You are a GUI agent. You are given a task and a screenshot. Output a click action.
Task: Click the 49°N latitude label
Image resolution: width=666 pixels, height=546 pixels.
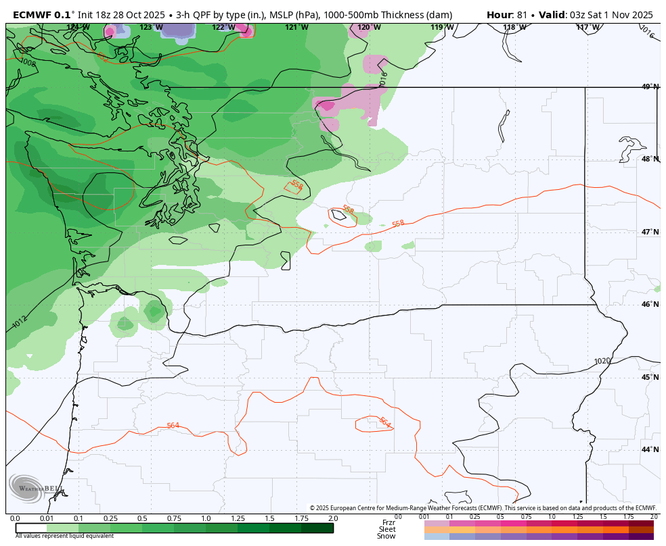point(650,86)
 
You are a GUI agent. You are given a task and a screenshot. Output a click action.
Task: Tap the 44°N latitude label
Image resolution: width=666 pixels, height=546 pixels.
point(650,449)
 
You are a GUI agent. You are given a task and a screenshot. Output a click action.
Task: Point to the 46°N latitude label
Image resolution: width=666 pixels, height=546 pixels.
point(650,304)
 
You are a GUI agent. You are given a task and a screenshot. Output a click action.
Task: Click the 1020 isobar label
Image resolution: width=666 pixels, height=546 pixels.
point(602,362)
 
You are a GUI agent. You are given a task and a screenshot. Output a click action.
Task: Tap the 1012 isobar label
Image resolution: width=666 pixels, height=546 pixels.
point(20,322)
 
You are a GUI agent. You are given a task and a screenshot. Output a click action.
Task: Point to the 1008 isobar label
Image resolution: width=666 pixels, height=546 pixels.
point(28,63)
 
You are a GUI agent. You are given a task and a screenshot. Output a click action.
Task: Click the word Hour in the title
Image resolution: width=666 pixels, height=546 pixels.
point(500,15)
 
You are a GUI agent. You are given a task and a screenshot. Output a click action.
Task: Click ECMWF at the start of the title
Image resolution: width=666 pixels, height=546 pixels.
point(32,15)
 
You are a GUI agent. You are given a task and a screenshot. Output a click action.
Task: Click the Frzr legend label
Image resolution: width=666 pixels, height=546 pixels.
point(388,522)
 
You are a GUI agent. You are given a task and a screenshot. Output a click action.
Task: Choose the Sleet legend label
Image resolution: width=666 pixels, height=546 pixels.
point(387,529)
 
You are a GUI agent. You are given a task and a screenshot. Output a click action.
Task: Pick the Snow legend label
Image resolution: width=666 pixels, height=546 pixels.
point(386,536)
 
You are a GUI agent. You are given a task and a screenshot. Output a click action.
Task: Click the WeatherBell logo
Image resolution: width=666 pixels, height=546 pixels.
point(34,488)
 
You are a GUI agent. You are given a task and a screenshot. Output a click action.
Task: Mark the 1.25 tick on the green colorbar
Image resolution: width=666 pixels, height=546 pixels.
point(238,518)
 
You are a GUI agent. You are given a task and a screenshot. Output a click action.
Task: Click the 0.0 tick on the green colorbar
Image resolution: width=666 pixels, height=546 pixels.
point(15,518)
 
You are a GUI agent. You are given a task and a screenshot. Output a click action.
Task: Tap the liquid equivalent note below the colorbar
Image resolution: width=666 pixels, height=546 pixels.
point(65,536)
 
